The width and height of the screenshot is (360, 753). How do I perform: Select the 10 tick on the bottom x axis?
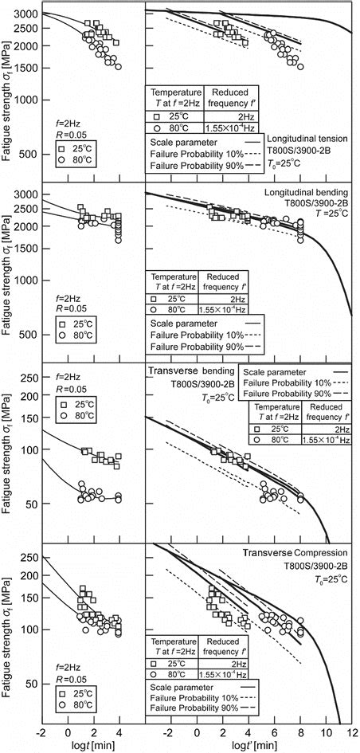(x=326, y=731)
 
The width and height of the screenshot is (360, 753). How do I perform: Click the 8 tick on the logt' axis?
(x=300, y=731)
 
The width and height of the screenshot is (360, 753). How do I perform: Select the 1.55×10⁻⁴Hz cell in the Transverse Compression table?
(x=233, y=674)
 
